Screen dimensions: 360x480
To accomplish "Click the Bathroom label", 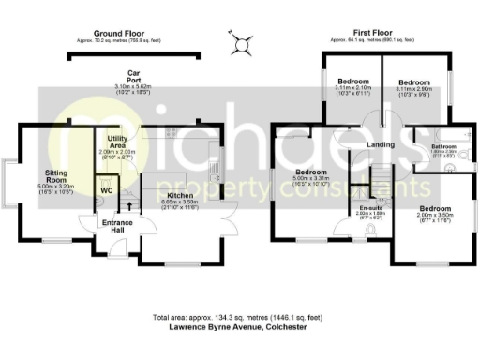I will pyautogui.click(x=443, y=146).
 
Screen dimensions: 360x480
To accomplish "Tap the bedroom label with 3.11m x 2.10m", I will pyautogui.click(x=354, y=82).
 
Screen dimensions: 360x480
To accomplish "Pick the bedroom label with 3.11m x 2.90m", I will pyautogui.click(x=412, y=82).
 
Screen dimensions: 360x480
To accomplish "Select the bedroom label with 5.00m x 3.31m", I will pyautogui.click(x=309, y=172).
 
